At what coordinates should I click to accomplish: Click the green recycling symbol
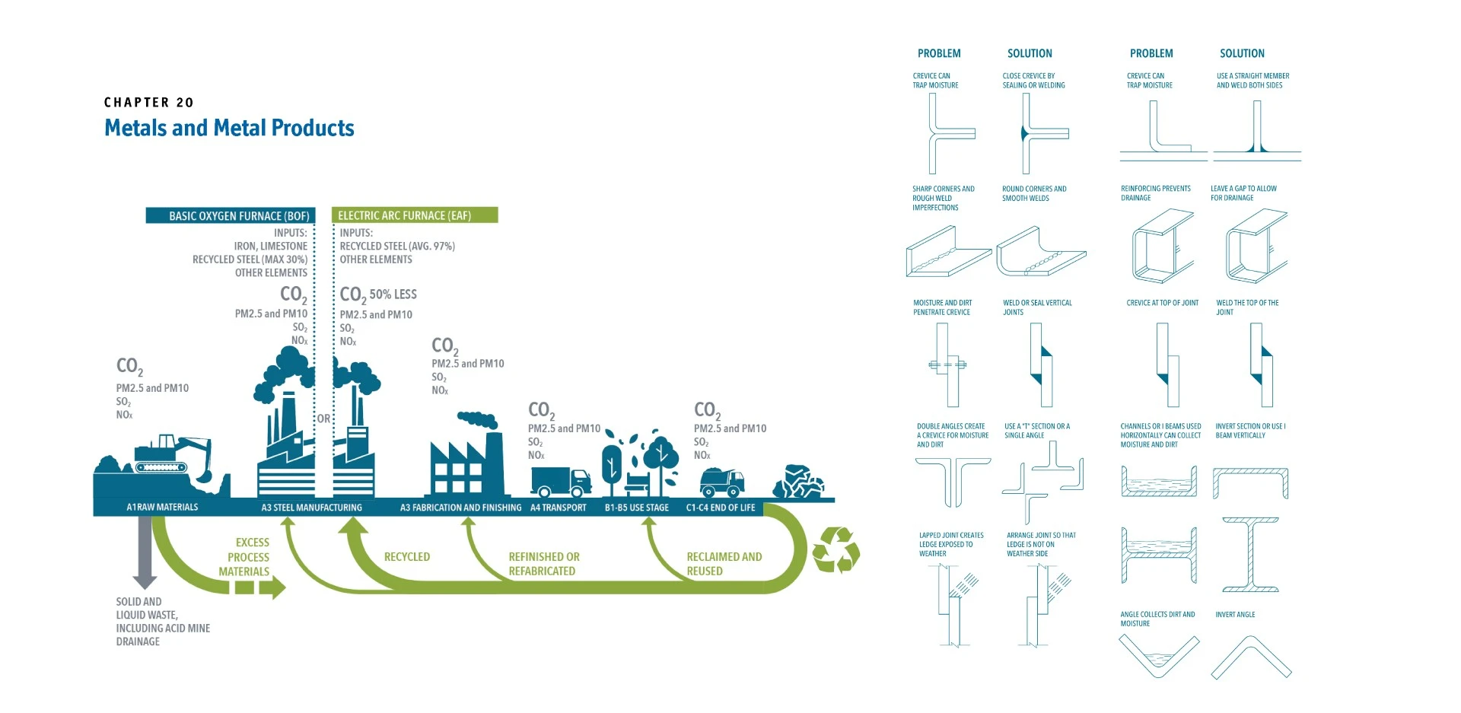coord(836,550)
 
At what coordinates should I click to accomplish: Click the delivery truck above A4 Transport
coord(561,482)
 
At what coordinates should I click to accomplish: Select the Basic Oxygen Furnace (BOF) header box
coord(230,215)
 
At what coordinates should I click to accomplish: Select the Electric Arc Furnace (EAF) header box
coord(415,215)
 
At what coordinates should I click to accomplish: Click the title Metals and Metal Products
coord(229,128)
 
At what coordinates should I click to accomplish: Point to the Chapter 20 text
coord(149,103)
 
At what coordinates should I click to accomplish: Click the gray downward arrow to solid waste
coord(145,552)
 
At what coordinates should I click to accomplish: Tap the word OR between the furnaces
coord(324,419)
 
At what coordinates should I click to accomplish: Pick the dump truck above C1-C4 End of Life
coord(721,482)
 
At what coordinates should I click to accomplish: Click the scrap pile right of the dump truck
coord(798,482)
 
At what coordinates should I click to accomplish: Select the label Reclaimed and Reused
coord(724,564)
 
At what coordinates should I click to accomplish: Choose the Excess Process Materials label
coord(244,557)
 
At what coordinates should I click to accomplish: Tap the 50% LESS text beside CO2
coord(393,294)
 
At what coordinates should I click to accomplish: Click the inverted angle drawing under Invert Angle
coord(1251,657)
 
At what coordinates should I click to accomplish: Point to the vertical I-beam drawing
coord(1250,554)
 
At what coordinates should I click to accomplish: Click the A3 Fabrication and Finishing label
coord(461,508)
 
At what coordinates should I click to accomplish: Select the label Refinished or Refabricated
coord(544,564)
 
